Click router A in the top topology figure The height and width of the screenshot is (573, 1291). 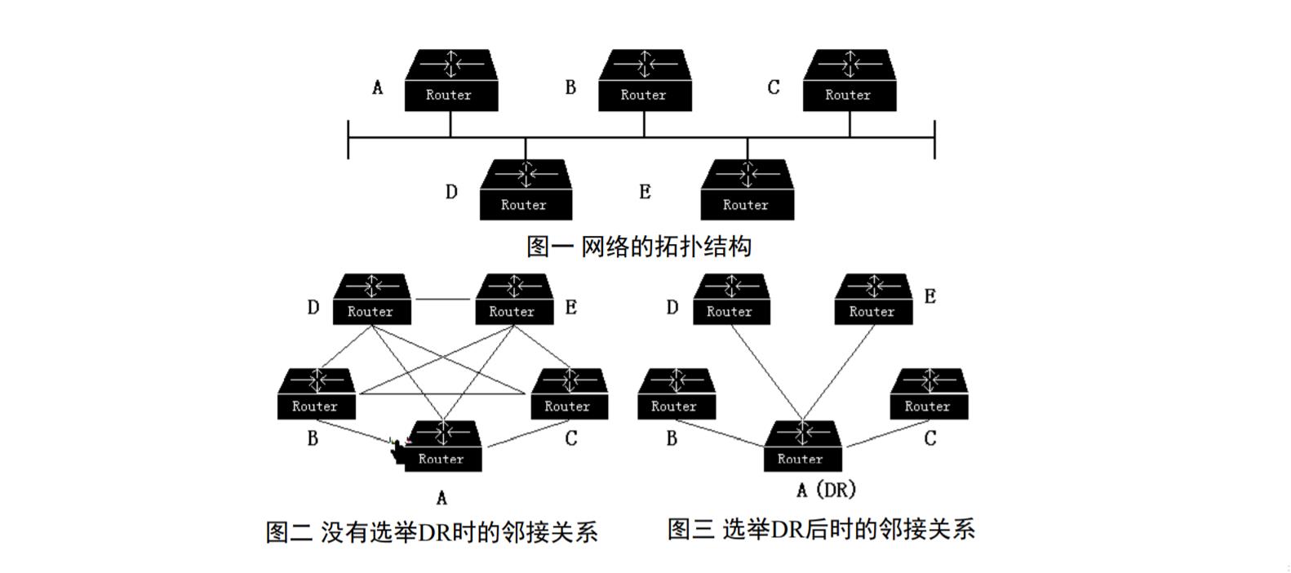point(450,80)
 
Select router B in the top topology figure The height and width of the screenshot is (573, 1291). point(645,80)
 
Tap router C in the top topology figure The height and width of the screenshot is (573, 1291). point(849,80)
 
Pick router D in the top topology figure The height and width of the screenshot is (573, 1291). point(525,190)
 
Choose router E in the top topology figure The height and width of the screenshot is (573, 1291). point(747,190)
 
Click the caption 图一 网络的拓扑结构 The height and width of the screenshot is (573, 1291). point(638,246)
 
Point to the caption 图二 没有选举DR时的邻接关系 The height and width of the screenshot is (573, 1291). point(431,532)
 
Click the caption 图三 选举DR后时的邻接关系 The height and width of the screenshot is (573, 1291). point(820,529)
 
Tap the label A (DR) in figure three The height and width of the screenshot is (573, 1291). point(826,490)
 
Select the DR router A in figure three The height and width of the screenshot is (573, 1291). point(801,446)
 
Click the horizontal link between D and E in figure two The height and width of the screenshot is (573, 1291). point(442,300)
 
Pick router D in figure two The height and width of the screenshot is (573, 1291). point(371,299)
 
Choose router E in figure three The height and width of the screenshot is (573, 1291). point(872,299)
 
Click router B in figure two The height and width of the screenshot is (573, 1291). point(316,393)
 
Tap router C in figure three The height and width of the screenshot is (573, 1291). point(928,393)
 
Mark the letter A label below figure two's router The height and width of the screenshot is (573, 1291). point(441,497)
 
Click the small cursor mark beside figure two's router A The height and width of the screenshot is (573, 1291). point(397,448)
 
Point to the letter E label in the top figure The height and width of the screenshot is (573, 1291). point(645,192)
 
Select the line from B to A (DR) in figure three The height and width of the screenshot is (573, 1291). point(718,433)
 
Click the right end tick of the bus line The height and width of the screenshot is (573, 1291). point(934,139)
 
